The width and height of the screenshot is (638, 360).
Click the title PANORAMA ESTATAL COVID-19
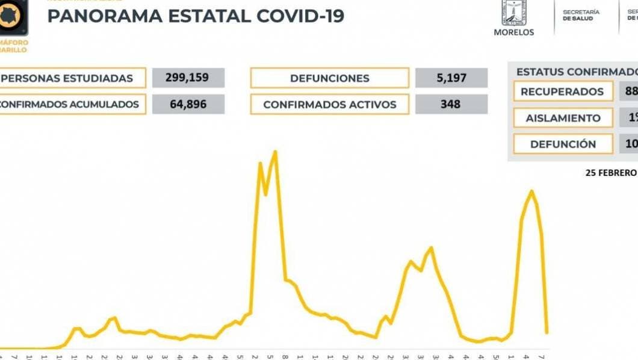point(196,16)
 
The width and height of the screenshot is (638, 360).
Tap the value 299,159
point(188,78)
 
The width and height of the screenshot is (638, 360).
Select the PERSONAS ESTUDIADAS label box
point(72,78)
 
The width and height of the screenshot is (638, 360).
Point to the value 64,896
point(188,104)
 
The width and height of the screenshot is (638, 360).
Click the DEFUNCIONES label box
point(329,78)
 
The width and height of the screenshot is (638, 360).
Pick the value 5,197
point(450,78)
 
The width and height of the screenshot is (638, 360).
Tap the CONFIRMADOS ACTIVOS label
point(329,104)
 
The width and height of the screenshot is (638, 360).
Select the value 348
point(450,104)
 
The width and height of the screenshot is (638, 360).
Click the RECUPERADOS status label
point(562,92)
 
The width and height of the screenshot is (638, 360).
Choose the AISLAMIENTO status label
point(562,118)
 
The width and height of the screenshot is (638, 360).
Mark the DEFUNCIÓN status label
point(562,144)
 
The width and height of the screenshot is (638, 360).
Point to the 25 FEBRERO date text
point(610,173)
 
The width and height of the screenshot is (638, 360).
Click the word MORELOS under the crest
point(513,33)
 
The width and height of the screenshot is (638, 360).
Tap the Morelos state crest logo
point(514,13)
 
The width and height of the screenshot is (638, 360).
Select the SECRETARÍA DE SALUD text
point(581,15)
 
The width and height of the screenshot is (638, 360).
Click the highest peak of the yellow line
point(275,152)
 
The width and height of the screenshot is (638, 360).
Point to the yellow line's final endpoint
point(547,332)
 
